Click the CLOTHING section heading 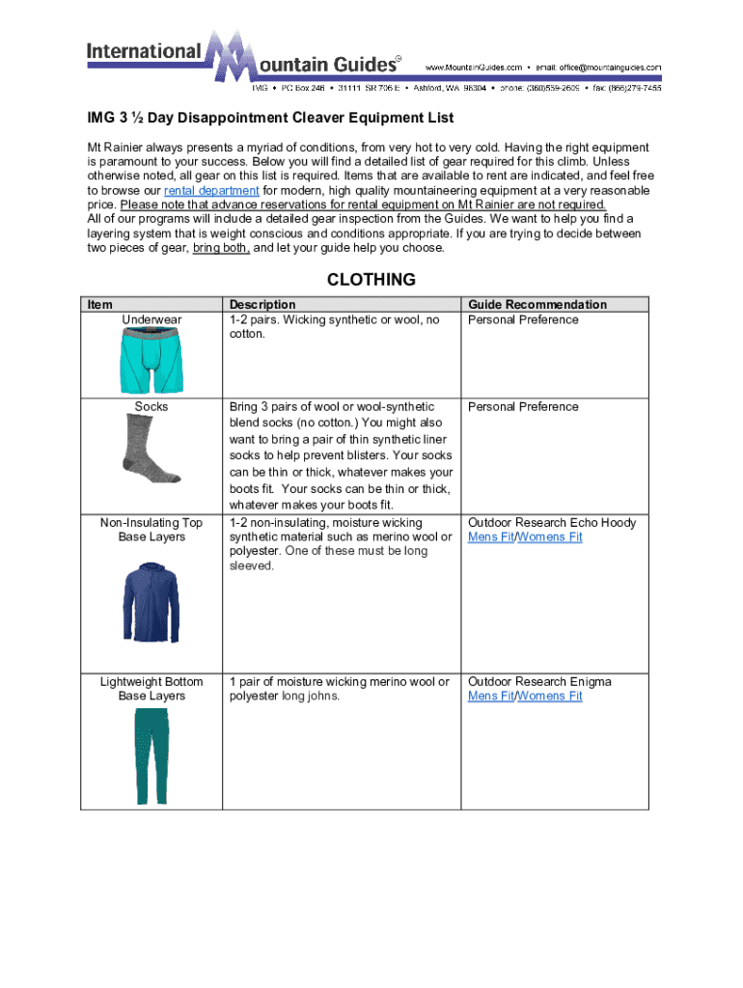click(x=371, y=280)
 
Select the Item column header click(x=99, y=305)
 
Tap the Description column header click(x=261, y=305)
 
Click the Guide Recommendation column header click(x=537, y=305)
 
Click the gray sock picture click(x=151, y=449)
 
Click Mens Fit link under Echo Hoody click(x=490, y=537)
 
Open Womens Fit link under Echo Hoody click(x=550, y=537)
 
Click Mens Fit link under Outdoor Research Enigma click(x=490, y=697)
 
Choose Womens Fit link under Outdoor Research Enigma click(x=550, y=697)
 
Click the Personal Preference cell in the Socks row click(x=523, y=407)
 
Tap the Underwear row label click(x=151, y=320)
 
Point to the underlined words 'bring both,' click(x=221, y=248)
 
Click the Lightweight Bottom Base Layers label click(x=151, y=689)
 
